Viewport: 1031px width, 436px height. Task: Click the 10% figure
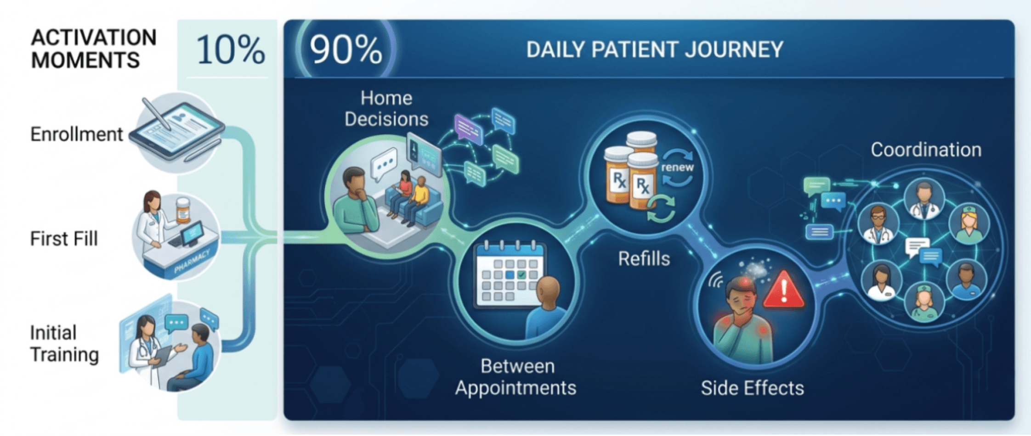point(231,50)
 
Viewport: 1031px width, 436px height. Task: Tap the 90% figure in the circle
point(346,50)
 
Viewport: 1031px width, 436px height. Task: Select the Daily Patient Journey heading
point(655,50)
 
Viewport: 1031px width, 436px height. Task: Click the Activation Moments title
point(93,49)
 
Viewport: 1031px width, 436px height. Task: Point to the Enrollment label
point(77,134)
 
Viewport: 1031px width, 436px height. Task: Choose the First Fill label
point(64,239)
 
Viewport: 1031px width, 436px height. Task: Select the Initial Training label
point(64,344)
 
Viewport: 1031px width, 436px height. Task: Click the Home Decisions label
point(386,109)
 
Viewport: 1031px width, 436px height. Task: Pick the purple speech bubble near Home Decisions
point(468,128)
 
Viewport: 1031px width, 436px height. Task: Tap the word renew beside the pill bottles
point(677,168)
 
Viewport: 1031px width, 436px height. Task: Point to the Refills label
point(644,259)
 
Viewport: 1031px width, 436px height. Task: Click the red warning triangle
point(784,290)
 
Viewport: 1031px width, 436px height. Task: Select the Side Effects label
point(752,388)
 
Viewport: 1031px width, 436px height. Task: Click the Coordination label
point(926,150)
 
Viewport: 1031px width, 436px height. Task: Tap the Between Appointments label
point(516,377)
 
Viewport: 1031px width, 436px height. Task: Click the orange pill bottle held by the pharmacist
point(183,210)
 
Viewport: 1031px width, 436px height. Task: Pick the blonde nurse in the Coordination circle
point(969,224)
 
